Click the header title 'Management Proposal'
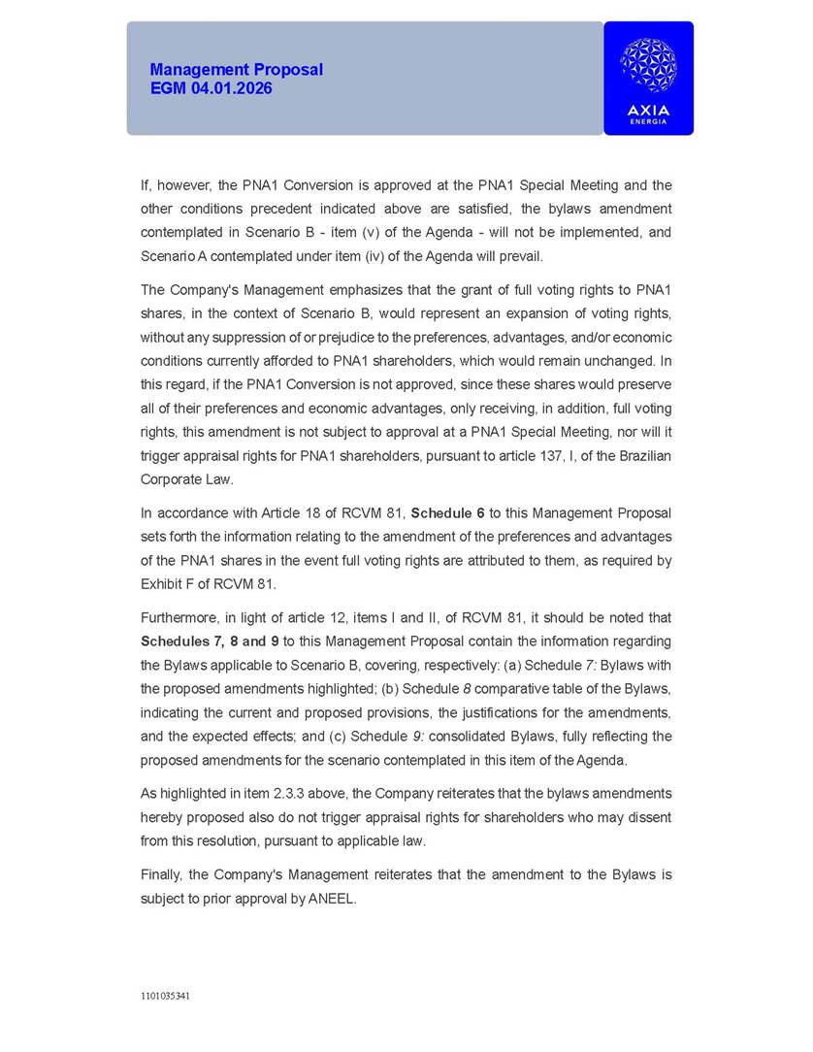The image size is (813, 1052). pyautogui.click(x=236, y=70)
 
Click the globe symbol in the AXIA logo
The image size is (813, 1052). pyautogui.click(x=648, y=65)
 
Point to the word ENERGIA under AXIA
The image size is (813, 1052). pyautogui.click(x=648, y=121)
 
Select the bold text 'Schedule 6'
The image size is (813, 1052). pyautogui.click(x=447, y=513)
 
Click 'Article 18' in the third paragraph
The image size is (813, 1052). pyautogui.click(x=289, y=513)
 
